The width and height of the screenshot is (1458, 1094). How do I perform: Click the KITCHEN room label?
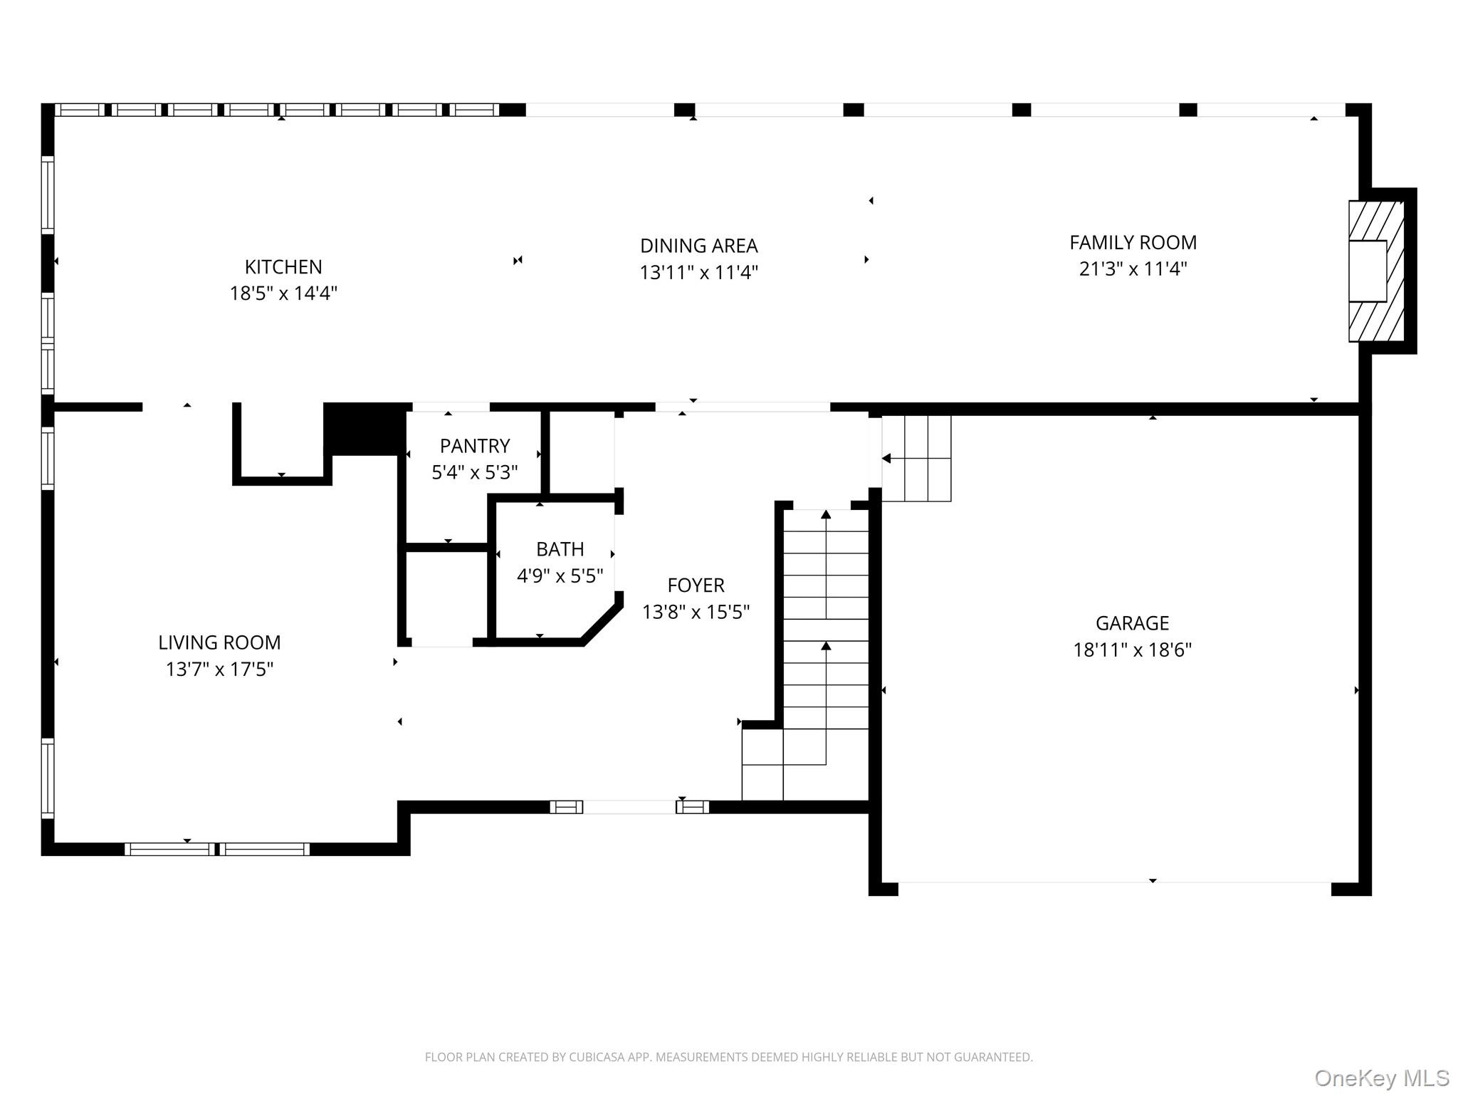(x=283, y=267)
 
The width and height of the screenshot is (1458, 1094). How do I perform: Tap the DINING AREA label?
(x=698, y=246)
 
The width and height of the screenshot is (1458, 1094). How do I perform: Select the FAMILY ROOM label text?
(x=1133, y=243)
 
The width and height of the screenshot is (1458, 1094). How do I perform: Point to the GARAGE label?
(x=1132, y=623)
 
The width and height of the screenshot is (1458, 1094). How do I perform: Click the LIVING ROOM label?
(x=219, y=642)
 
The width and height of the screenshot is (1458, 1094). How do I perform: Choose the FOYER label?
(x=696, y=585)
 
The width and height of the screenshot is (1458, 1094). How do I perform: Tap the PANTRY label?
(x=475, y=447)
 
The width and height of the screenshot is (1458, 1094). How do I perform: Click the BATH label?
(x=560, y=549)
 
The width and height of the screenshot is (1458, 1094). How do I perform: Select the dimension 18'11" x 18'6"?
(x=1132, y=650)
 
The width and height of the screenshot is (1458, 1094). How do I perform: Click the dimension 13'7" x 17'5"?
(x=219, y=670)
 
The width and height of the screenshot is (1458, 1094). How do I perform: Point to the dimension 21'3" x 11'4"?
(x=1133, y=269)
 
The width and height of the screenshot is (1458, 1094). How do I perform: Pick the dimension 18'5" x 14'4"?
(x=283, y=293)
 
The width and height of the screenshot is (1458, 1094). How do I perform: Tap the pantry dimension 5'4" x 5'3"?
(x=475, y=473)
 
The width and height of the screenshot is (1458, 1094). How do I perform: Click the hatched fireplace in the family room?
(x=1377, y=271)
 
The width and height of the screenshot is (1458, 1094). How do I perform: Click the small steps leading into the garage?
(x=916, y=459)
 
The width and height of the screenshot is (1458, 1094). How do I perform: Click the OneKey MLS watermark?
(x=1382, y=1078)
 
